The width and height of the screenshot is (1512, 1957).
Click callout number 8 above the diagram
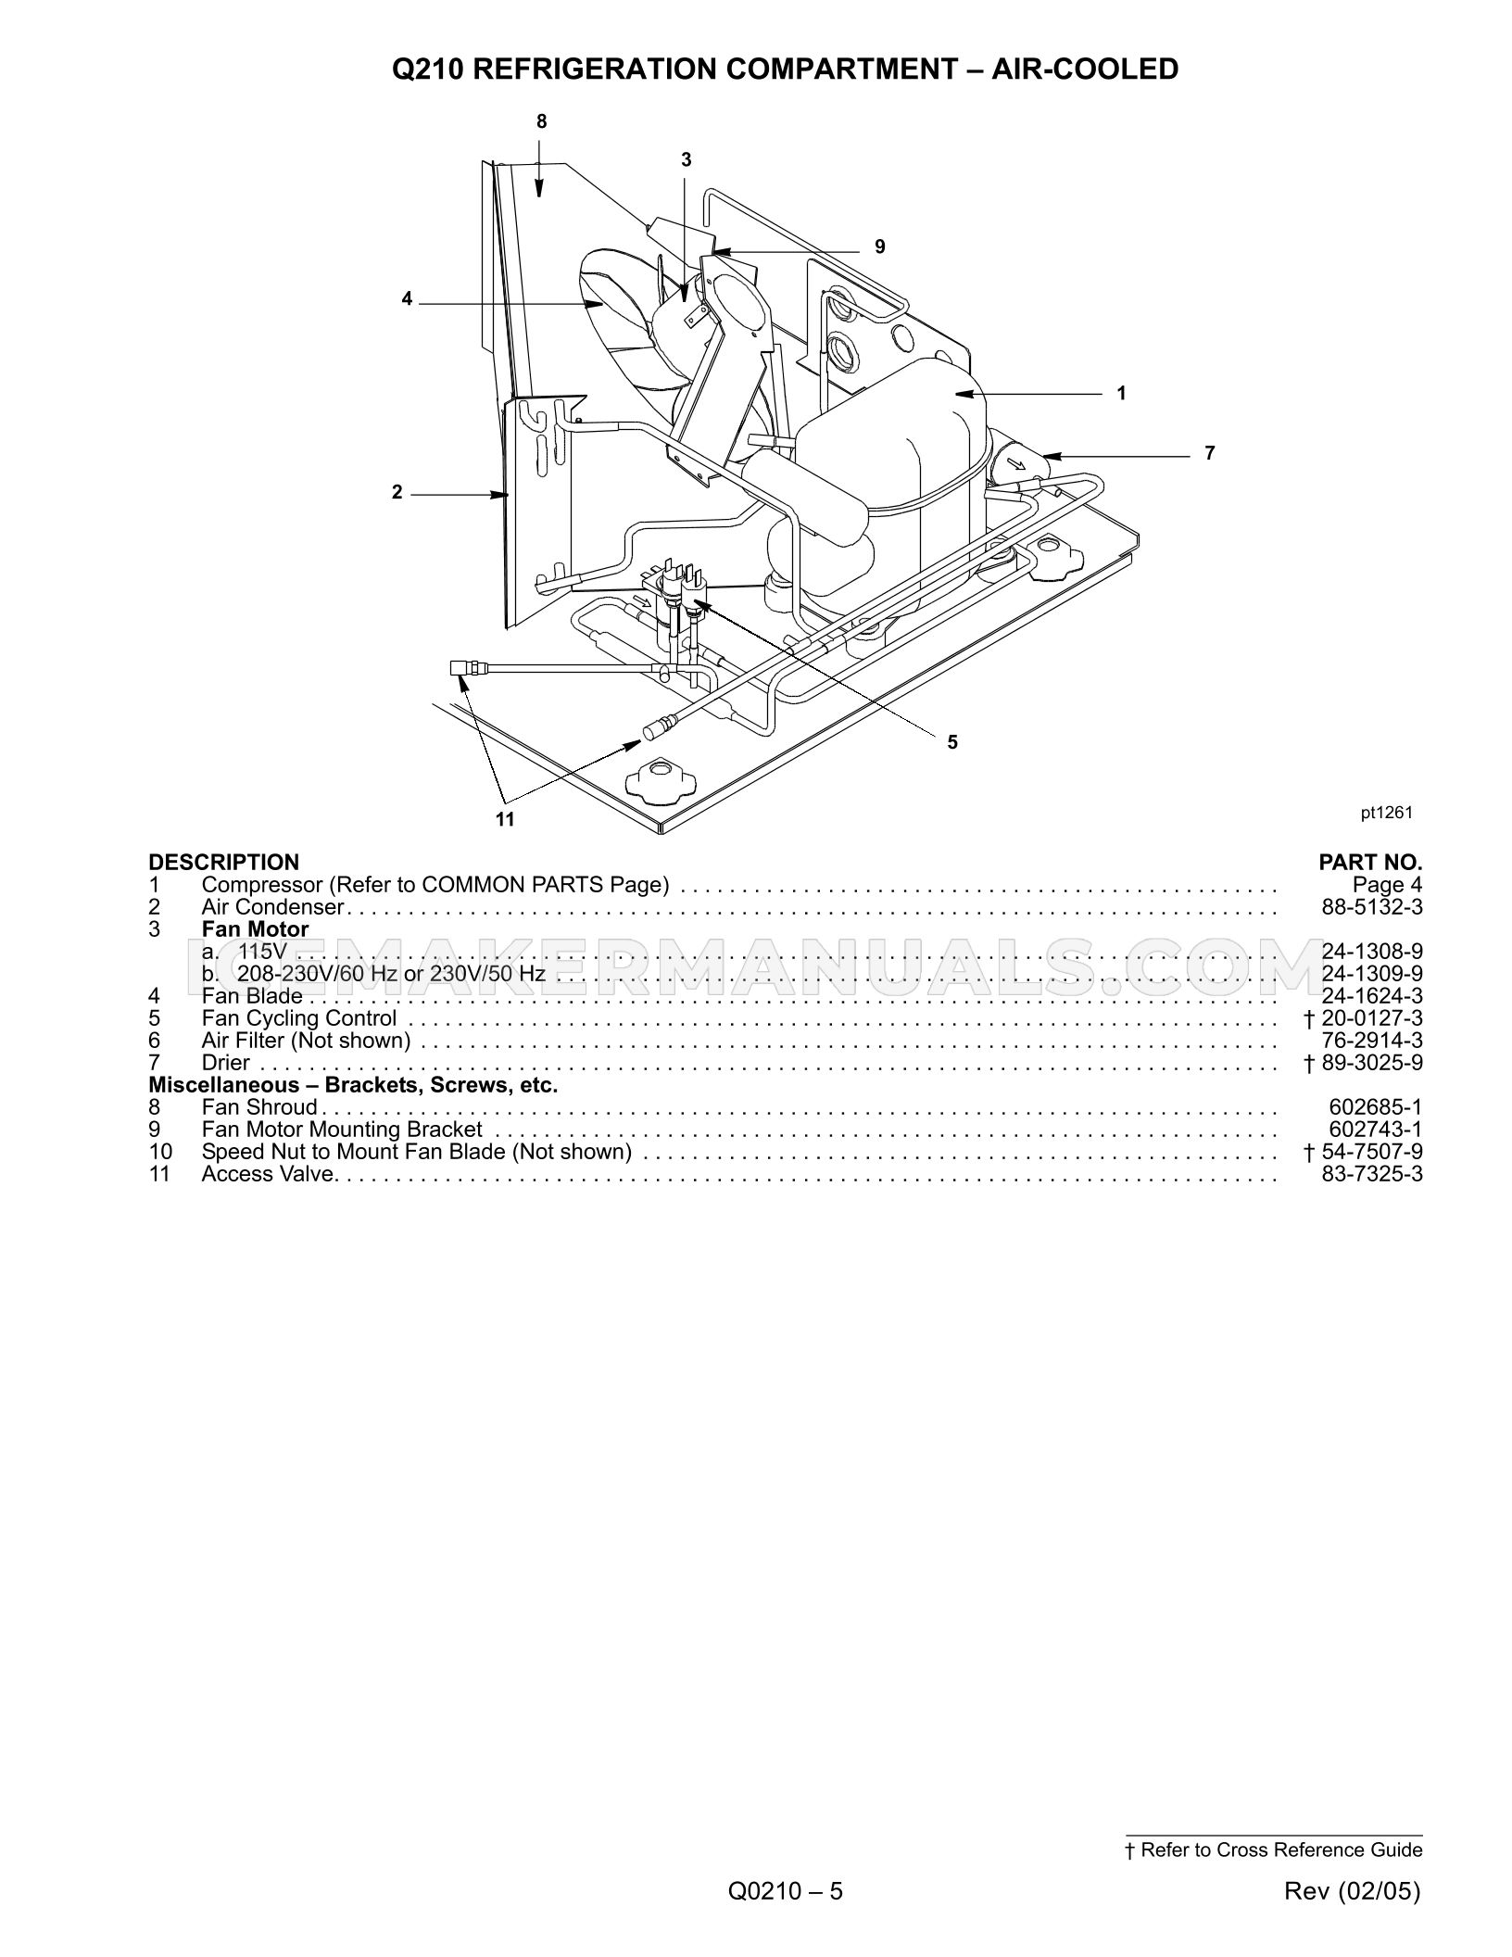(x=542, y=121)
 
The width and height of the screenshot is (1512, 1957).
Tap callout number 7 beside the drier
(x=1210, y=453)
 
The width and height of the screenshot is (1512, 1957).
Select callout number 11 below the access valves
(x=505, y=819)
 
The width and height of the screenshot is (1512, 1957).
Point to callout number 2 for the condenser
(x=397, y=493)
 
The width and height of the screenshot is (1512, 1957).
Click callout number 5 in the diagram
(x=952, y=741)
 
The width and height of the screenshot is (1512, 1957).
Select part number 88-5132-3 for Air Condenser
(x=1372, y=907)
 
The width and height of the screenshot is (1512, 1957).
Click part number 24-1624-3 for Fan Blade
(x=1372, y=996)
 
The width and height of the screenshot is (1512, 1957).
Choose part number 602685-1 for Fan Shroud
(x=1376, y=1107)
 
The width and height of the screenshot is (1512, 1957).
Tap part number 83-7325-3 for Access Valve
(x=1372, y=1174)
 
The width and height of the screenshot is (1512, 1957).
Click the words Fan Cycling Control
(x=299, y=1019)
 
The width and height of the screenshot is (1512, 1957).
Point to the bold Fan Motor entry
(x=256, y=929)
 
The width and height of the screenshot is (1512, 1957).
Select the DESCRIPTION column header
(x=224, y=863)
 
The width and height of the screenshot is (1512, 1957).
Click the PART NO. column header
(x=1370, y=863)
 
